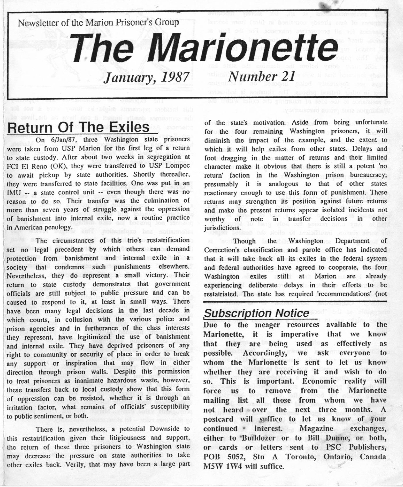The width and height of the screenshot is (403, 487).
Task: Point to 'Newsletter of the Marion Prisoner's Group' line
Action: (98, 22)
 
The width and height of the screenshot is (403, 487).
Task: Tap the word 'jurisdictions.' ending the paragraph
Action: (221, 228)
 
